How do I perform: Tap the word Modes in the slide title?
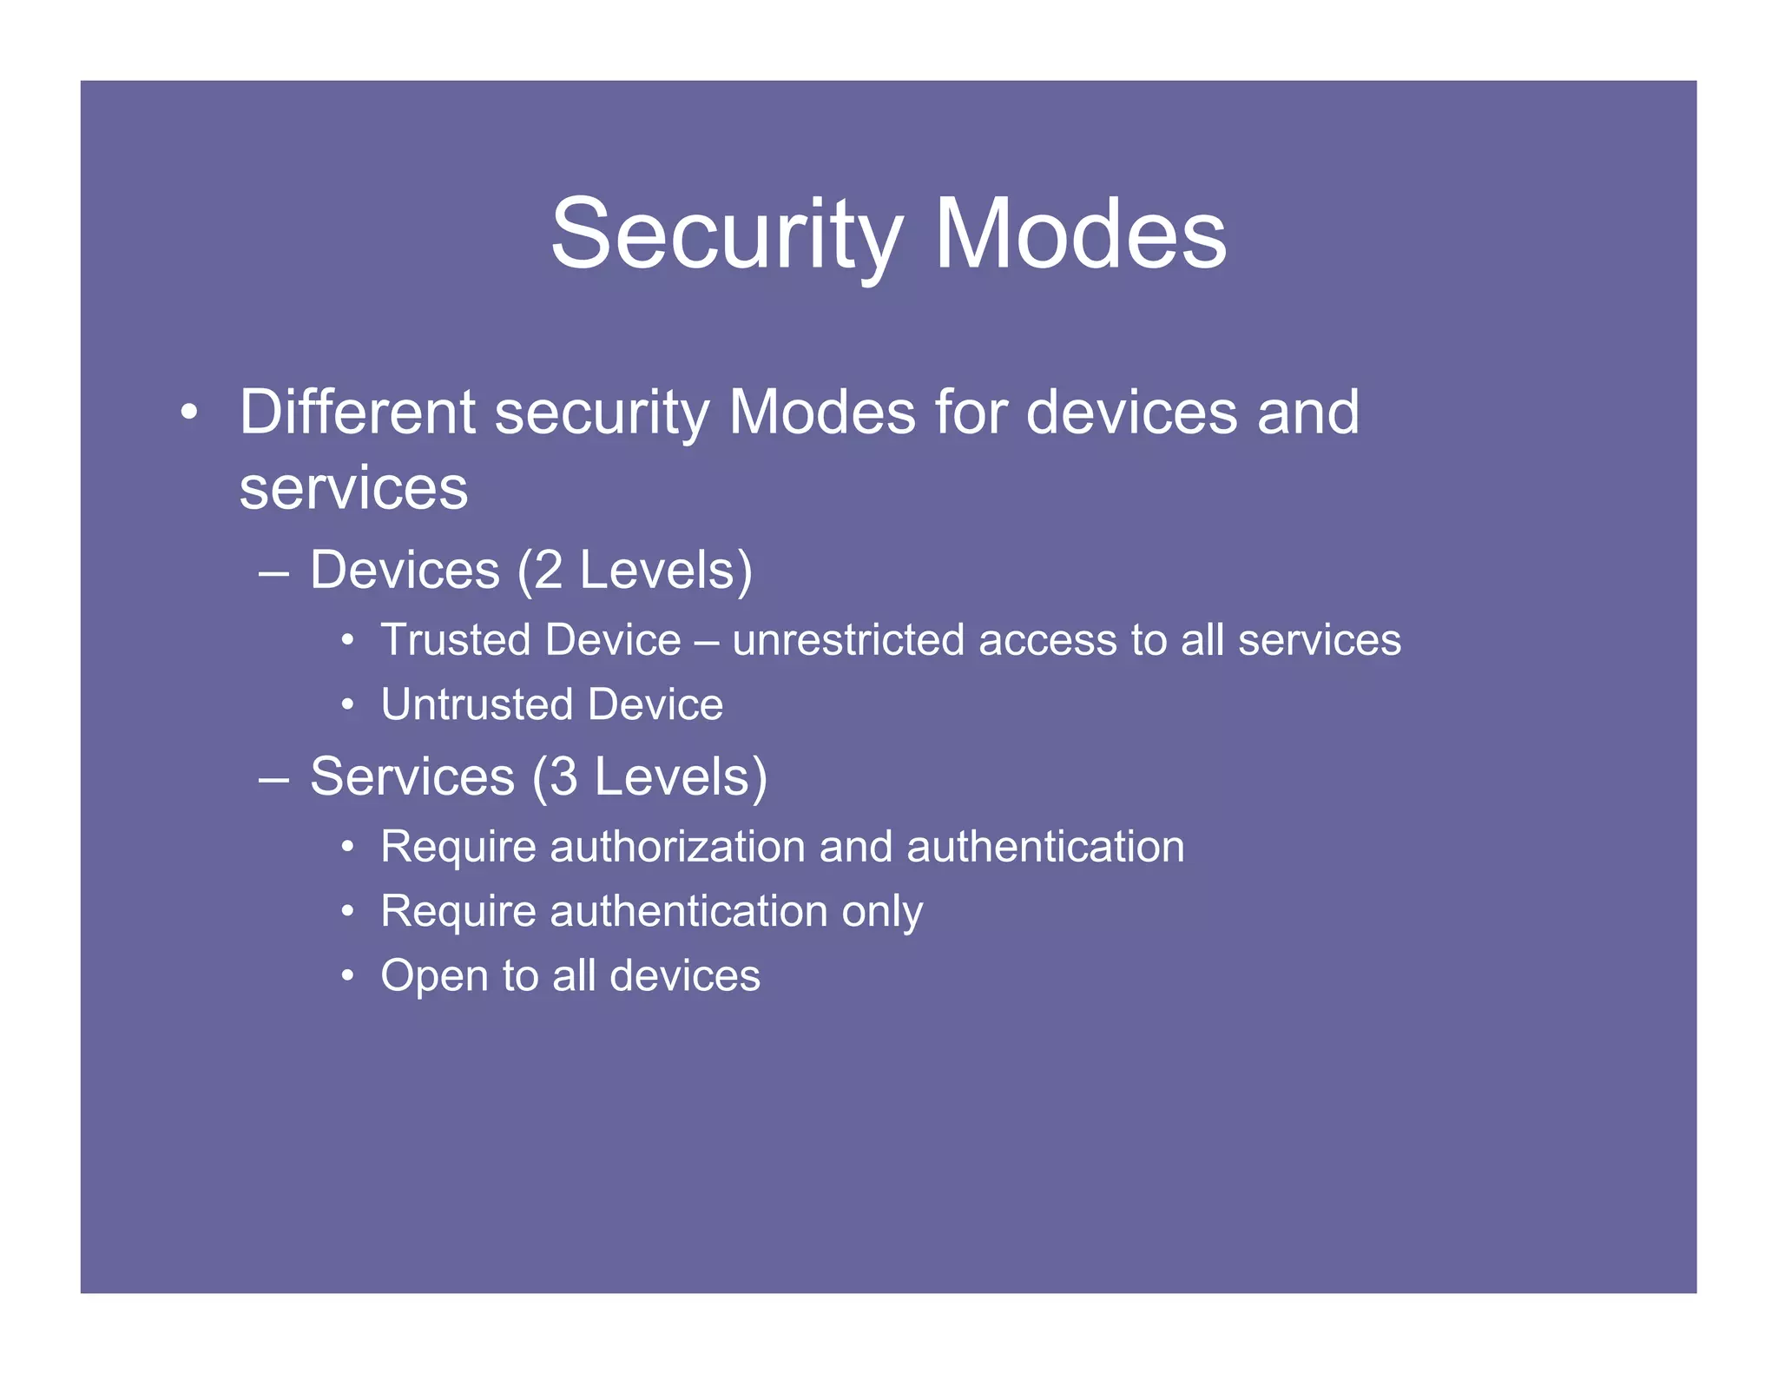(1080, 235)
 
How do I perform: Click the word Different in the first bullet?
(357, 412)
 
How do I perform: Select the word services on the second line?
(353, 489)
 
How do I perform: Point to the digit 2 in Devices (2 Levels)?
(549, 571)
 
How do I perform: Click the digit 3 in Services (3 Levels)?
(563, 776)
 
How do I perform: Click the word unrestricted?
(847, 641)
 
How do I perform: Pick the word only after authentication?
(882, 912)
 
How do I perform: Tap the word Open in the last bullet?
(434, 976)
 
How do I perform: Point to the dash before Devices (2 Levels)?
(273, 573)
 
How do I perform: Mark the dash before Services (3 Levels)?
(273, 779)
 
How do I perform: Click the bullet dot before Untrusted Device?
(347, 705)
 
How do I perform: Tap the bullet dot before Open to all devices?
(347, 976)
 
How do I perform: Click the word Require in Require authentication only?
(458, 912)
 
